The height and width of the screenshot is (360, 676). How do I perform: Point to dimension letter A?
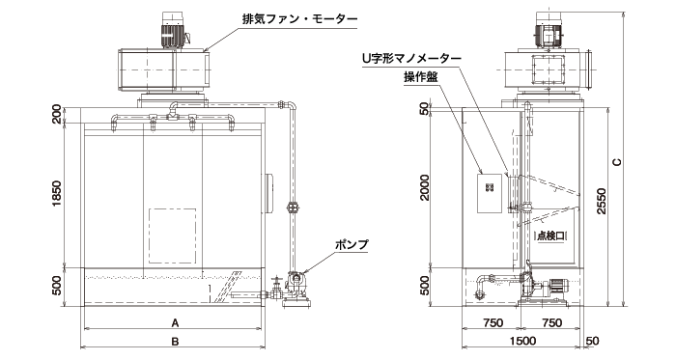click(x=175, y=323)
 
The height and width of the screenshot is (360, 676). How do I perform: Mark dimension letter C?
click(x=615, y=160)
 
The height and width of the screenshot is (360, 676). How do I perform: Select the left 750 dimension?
click(x=490, y=323)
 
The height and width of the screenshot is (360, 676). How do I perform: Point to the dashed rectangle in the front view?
click(x=171, y=237)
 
